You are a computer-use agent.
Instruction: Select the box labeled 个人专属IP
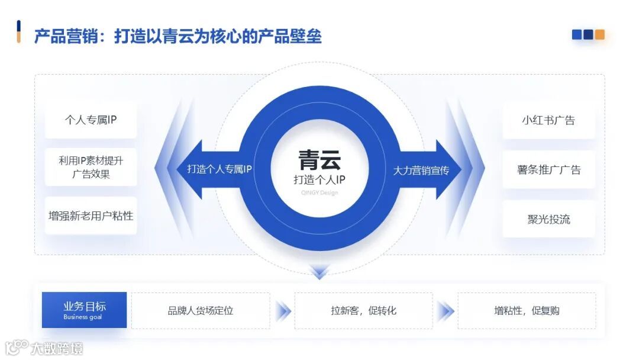[91, 120]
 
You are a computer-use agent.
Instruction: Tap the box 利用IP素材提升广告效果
[91, 167]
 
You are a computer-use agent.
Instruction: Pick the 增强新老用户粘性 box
[91, 216]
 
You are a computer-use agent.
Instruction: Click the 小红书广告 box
[548, 120]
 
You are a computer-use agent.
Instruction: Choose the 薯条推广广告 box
[548, 170]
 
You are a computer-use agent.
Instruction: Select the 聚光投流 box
[548, 219]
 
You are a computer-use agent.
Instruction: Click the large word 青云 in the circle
[319, 160]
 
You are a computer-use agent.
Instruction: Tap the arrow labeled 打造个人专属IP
[220, 169]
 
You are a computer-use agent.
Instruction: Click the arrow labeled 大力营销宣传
[421, 170]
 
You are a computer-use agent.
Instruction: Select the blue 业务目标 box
[84, 310]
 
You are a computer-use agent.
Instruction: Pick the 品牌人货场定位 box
[201, 310]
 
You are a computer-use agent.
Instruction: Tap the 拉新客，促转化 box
[363, 310]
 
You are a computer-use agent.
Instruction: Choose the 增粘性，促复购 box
[527, 310]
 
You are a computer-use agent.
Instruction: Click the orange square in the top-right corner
[600, 35]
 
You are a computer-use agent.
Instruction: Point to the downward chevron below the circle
[319, 271]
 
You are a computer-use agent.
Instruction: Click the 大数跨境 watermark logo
[44, 348]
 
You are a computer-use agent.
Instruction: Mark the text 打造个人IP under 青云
[319, 179]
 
